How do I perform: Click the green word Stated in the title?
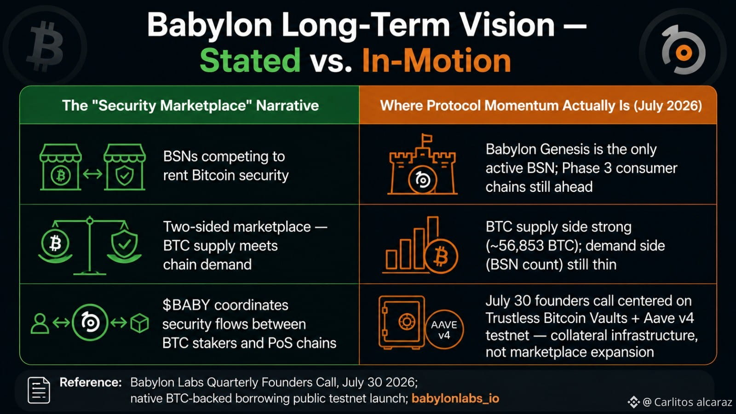(x=250, y=60)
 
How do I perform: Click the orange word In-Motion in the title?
(x=437, y=60)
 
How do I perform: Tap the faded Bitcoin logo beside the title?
(x=45, y=46)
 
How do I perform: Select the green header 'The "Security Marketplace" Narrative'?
(x=190, y=105)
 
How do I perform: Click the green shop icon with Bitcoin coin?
(x=60, y=167)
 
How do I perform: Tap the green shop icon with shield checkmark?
(x=125, y=167)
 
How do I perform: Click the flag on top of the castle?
(x=426, y=138)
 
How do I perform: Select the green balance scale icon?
(x=90, y=246)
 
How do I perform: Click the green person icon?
(x=40, y=323)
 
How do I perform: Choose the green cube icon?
(x=140, y=323)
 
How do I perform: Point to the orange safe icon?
(x=402, y=322)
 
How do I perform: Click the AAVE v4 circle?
(x=444, y=329)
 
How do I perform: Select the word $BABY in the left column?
(x=186, y=305)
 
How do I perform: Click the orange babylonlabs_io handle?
(x=455, y=398)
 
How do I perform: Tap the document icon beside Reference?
(x=39, y=390)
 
